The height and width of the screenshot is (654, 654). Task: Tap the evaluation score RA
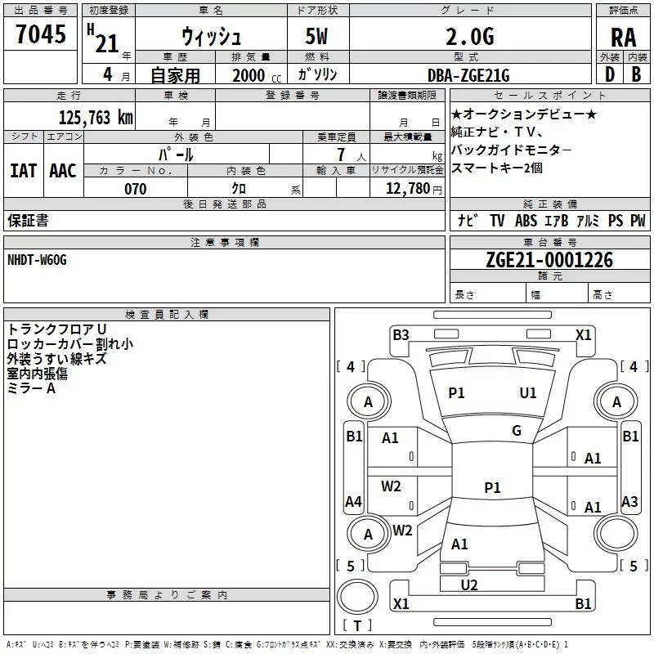click(x=623, y=38)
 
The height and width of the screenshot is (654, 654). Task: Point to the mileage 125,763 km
click(x=95, y=117)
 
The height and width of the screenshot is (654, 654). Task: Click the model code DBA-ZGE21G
click(x=468, y=75)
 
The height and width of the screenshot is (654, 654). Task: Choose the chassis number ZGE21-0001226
click(x=549, y=261)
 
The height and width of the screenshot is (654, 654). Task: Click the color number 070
click(x=135, y=189)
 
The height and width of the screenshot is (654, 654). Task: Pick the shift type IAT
click(x=23, y=170)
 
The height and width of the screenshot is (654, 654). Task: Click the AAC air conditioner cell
click(x=62, y=170)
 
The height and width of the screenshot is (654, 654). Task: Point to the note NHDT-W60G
click(x=37, y=259)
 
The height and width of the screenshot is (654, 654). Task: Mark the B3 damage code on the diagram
click(x=401, y=334)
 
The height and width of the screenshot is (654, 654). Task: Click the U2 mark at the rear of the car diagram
click(x=468, y=585)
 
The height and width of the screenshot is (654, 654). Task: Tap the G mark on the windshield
click(x=517, y=431)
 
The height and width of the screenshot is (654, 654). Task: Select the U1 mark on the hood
click(x=528, y=393)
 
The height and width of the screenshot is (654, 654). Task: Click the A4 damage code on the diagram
click(x=353, y=502)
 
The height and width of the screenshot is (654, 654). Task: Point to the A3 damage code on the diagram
click(x=629, y=502)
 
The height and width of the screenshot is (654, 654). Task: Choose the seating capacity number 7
click(x=338, y=154)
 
